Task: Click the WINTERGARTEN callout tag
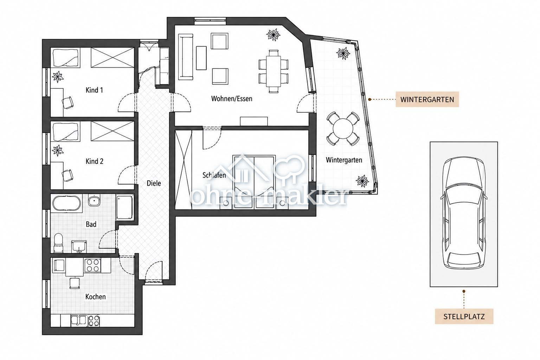tap(427, 99)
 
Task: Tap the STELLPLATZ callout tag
tap(464, 316)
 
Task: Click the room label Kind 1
tap(94, 90)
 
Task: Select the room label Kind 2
tap(95, 161)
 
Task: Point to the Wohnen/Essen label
tap(232, 99)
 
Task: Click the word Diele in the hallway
tap(154, 183)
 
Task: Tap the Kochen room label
tap(96, 297)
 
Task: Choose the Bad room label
tap(91, 224)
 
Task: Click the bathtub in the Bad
tap(67, 204)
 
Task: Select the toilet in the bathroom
tap(58, 243)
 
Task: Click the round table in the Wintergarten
tap(342, 129)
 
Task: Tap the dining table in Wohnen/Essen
tap(274, 71)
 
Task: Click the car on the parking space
tap(464, 213)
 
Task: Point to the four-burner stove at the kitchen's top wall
tap(92, 265)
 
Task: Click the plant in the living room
tap(273, 35)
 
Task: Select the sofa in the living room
tap(186, 57)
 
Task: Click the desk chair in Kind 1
tap(68, 103)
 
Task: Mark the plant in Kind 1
tap(58, 77)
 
